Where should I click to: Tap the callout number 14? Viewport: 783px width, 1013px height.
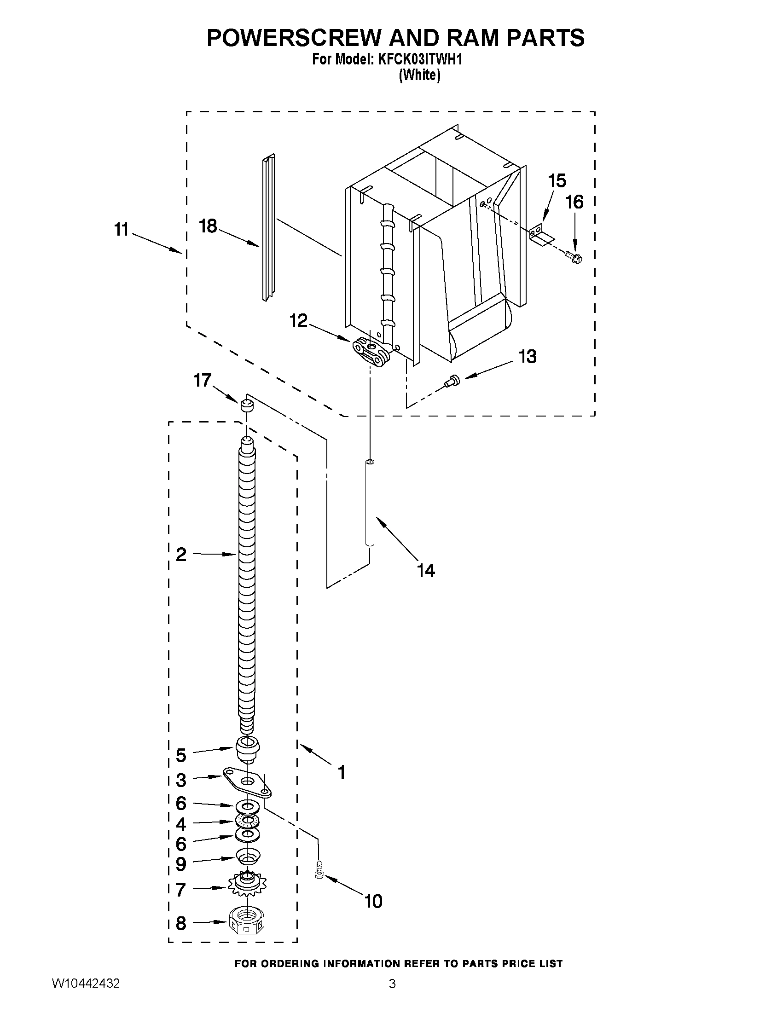click(425, 571)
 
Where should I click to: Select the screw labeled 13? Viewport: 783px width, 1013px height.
click(450, 381)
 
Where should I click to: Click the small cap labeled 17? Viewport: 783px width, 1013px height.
click(247, 405)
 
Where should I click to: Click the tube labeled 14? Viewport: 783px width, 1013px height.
click(370, 502)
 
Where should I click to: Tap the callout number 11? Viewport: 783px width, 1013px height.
click(122, 229)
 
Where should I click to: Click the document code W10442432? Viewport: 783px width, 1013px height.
click(86, 996)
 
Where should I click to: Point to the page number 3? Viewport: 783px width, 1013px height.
click(392, 996)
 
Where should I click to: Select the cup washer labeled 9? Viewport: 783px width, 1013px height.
click(248, 856)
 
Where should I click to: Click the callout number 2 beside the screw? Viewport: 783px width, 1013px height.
click(181, 554)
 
